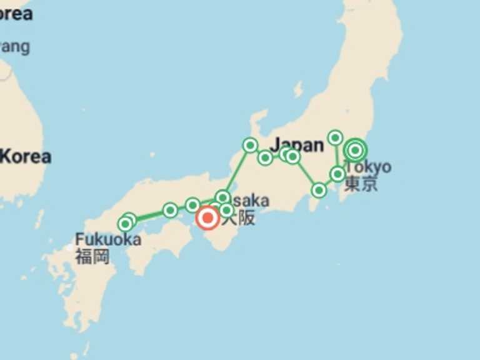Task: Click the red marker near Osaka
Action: (x=207, y=218)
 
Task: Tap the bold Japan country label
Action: (x=297, y=144)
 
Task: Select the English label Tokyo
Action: (x=369, y=167)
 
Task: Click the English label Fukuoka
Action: (x=107, y=239)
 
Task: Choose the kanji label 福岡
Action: (x=92, y=256)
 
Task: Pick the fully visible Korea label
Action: (x=25, y=157)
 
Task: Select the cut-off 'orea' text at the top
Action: (x=16, y=13)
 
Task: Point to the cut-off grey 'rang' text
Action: (x=14, y=47)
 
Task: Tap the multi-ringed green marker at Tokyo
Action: (x=356, y=150)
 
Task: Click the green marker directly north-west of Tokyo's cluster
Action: (x=336, y=137)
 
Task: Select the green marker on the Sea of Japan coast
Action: (x=250, y=146)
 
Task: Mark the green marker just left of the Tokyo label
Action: (x=337, y=174)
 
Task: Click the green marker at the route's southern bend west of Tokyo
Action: (x=319, y=190)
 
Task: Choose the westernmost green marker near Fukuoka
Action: (x=126, y=224)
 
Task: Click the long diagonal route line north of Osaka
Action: (x=236, y=171)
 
